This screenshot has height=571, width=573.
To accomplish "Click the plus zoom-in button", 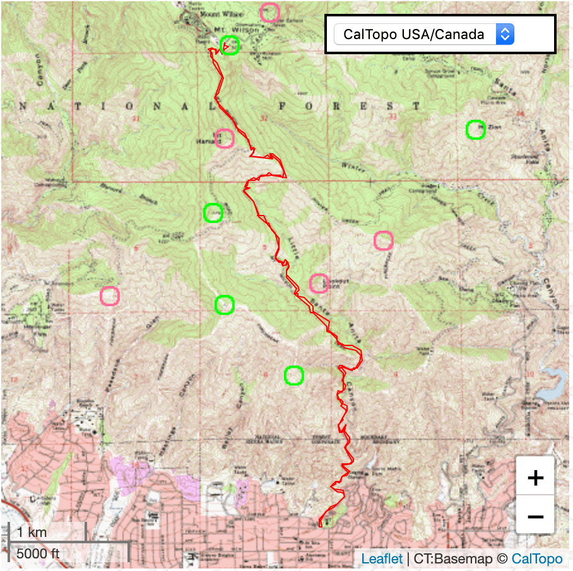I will [x=535, y=478].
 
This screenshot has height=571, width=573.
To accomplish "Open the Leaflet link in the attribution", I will [x=381, y=558].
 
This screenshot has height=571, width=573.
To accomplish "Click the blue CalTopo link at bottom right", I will [x=537, y=558].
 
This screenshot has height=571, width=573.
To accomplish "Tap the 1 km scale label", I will [x=32, y=533].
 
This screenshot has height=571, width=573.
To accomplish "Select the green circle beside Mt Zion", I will [x=475, y=129].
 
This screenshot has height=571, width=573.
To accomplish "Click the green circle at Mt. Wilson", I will [x=230, y=45].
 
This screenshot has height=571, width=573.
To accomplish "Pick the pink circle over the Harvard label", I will [x=224, y=138].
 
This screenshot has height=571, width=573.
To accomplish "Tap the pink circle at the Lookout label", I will [x=319, y=284].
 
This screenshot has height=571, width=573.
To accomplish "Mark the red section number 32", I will [x=264, y=118].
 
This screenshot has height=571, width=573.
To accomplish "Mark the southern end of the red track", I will [x=321, y=524].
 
